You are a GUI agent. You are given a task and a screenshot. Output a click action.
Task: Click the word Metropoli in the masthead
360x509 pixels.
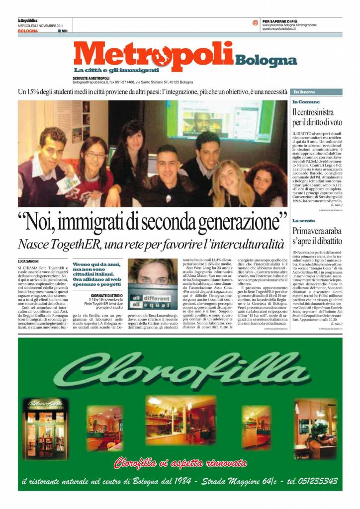click(154, 56)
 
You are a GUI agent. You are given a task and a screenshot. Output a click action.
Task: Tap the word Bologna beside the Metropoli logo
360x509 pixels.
click(266, 61)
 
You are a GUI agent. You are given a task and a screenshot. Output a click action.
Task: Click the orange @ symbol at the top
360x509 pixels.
click(255, 22)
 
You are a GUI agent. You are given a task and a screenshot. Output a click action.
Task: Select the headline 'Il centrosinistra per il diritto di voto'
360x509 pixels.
click(317, 117)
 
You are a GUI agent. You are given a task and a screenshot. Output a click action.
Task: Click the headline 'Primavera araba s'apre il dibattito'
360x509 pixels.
click(317, 236)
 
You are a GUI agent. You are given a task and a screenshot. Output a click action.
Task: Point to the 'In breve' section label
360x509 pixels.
click(304, 92)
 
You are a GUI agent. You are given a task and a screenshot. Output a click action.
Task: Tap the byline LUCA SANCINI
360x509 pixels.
click(29, 261)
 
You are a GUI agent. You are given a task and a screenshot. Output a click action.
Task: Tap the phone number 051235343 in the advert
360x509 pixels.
click(313, 481)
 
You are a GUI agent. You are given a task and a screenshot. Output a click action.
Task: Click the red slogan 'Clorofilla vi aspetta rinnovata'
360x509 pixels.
click(180, 463)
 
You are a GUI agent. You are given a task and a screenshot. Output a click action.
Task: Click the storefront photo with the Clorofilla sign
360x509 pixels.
click(48, 421)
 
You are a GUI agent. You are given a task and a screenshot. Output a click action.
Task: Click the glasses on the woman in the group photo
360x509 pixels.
click(95, 155)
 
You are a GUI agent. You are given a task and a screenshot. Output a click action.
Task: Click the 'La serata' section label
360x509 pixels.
click(303, 220)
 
